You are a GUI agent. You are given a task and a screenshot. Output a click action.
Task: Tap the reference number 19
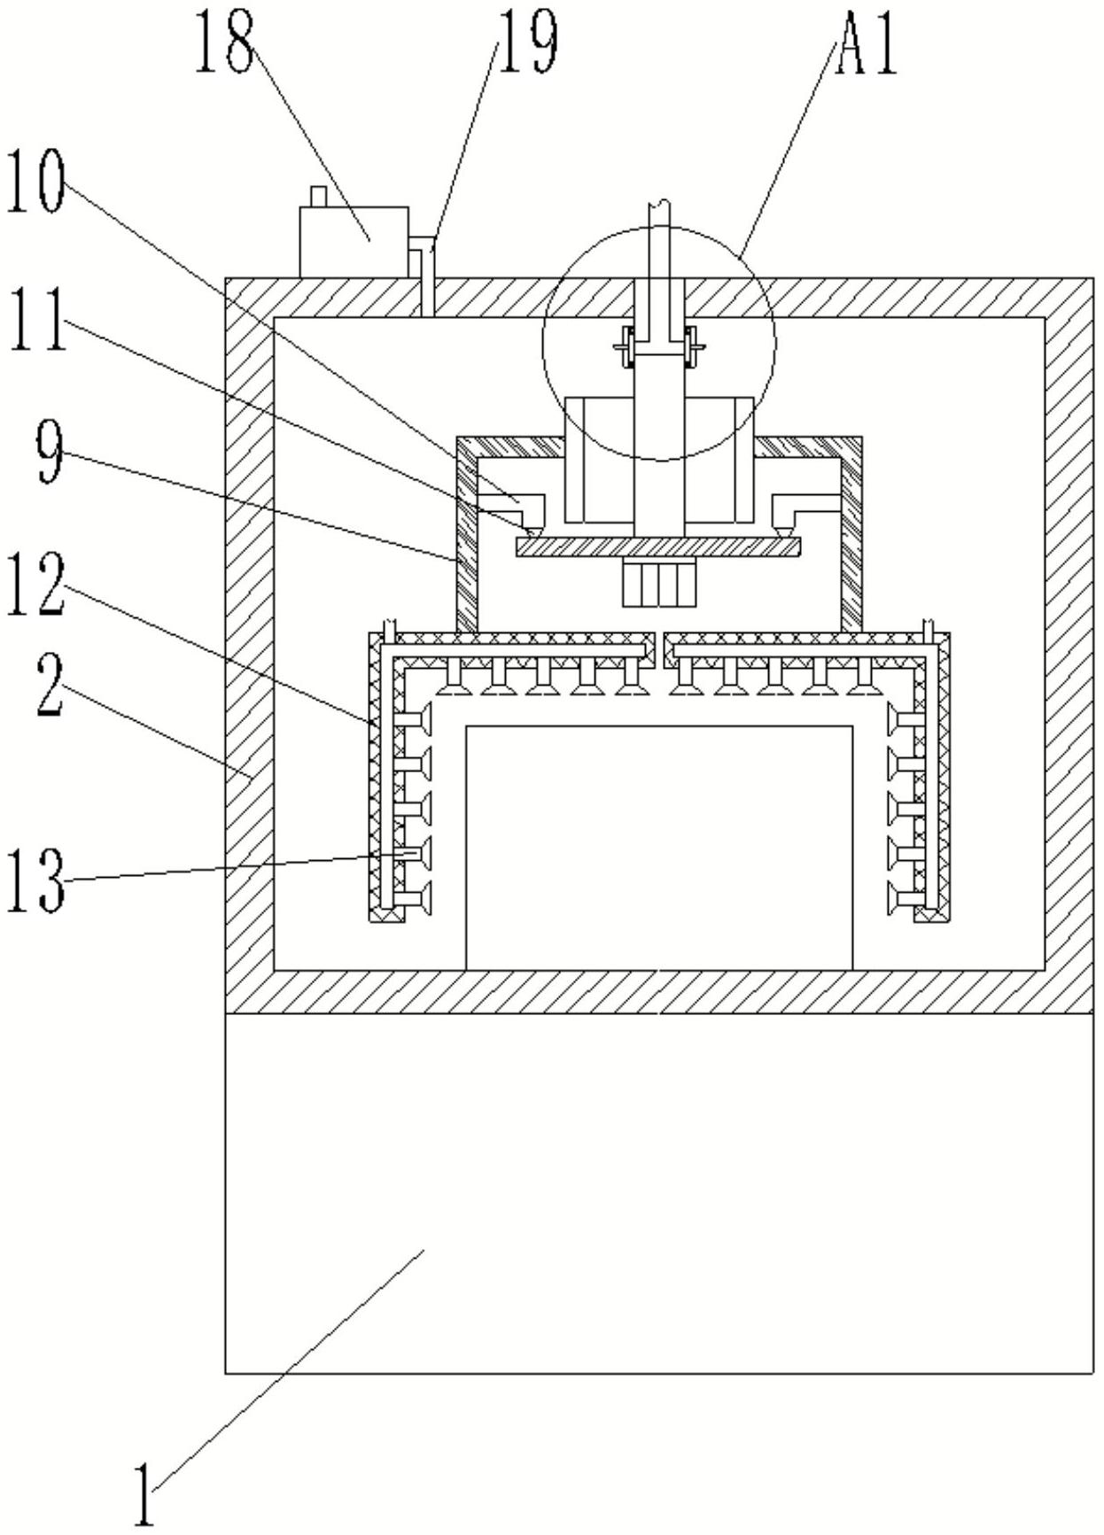(x=527, y=41)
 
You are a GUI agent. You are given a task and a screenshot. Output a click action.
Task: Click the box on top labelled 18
(x=354, y=241)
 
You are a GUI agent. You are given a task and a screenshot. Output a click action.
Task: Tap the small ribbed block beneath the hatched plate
(x=658, y=585)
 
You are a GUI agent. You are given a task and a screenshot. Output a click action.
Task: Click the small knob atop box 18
(x=318, y=196)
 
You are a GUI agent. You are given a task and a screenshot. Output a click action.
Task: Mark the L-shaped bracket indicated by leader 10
(x=523, y=505)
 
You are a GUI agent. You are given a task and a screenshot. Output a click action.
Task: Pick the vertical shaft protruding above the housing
(x=659, y=239)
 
